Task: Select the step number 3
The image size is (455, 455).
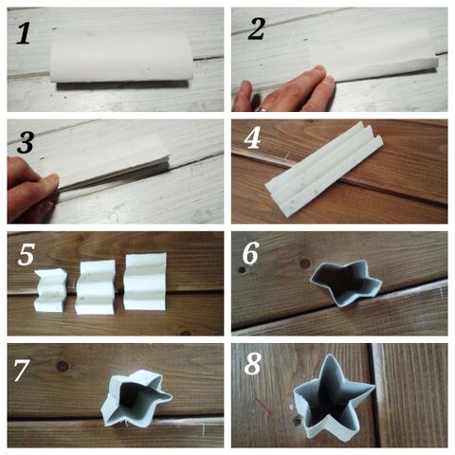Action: click(x=27, y=142)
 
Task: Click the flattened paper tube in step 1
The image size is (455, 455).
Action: click(x=123, y=55)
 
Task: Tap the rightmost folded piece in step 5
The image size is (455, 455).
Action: click(x=145, y=281)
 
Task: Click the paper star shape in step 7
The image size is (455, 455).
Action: click(x=136, y=399)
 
